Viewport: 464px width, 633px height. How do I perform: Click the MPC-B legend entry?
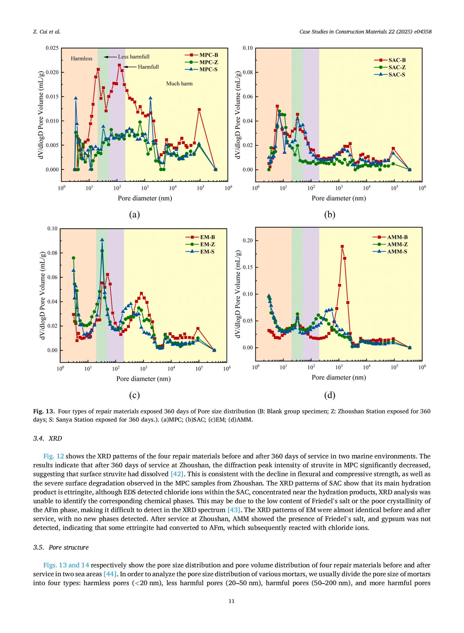coord(201,55)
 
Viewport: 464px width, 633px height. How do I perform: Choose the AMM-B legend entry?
coord(390,237)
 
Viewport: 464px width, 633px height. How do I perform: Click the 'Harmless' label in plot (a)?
coord(82,59)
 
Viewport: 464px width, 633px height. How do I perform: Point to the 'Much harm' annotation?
coord(180,83)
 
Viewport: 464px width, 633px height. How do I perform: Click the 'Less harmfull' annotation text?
coord(134,57)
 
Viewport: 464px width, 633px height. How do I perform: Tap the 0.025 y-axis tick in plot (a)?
coord(52,48)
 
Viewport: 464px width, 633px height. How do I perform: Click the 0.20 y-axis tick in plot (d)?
coord(248,241)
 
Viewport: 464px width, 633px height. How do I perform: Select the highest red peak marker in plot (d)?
coord(342,246)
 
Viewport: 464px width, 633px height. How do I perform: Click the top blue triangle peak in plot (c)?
coord(102,240)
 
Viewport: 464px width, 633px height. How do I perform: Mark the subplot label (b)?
coord(330,215)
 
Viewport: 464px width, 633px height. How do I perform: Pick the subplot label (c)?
coord(134,396)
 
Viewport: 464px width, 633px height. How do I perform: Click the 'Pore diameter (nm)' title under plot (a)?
coord(145,198)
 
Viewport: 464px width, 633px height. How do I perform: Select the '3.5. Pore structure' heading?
coord(61,547)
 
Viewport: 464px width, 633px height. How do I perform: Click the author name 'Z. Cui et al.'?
coord(47,32)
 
